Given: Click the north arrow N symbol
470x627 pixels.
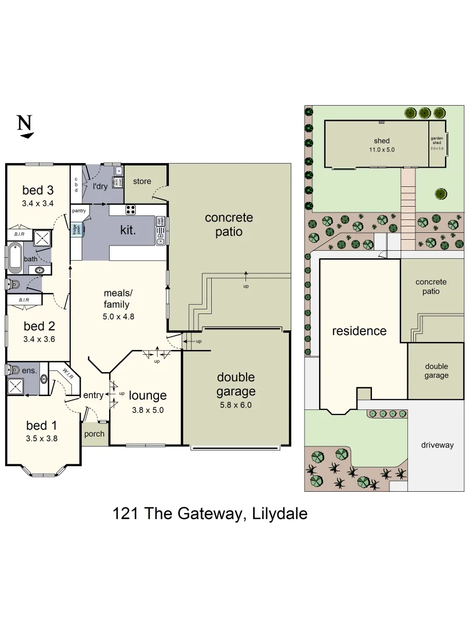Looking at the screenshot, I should click(x=24, y=125).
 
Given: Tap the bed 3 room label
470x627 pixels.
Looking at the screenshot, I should click(x=38, y=190).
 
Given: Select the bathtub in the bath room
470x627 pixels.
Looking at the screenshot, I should click(x=15, y=258).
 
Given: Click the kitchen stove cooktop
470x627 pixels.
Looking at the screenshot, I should click(x=131, y=210).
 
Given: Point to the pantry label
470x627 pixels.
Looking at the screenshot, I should click(x=79, y=210).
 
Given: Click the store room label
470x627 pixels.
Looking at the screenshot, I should click(x=142, y=181).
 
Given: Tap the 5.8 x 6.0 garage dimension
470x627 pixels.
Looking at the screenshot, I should click(x=236, y=405).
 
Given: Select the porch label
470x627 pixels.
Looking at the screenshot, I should click(x=95, y=434).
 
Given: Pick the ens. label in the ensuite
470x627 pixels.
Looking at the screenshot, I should click(x=30, y=369).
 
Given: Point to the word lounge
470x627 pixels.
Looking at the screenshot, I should click(x=147, y=395).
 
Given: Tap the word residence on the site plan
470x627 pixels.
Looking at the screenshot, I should click(x=359, y=331).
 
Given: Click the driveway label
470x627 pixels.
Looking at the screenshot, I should click(x=438, y=445).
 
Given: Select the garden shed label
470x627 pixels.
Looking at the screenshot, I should click(x=437, y=141).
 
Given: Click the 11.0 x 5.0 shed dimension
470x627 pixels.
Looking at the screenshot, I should click(x=382, y=149).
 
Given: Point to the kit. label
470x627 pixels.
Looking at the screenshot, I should click(x=128, y=230).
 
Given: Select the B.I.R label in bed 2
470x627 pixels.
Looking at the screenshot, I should click(x=24, y=300).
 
